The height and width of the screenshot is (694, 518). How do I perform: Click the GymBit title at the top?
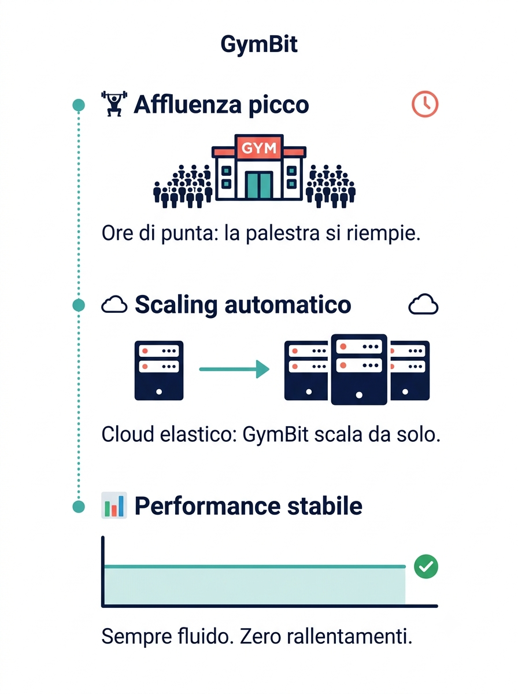(259, 45)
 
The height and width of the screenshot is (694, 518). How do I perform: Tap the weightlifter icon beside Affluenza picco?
(114, 104)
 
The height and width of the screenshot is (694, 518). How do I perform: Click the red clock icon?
(425, 104)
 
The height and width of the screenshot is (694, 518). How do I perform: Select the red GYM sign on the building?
(259, 147)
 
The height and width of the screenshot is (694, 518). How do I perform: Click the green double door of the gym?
(259, 185)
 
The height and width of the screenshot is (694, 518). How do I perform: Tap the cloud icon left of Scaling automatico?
(114, 304)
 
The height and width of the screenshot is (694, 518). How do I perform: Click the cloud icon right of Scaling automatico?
(423, 304)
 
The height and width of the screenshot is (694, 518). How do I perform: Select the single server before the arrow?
(159, 370)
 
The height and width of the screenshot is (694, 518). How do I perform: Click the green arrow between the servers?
(234, 369)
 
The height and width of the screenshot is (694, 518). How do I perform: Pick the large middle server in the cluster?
(359, 370)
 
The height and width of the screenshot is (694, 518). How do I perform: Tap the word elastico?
(198, 434)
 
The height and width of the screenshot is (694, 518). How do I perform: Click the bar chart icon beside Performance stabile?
(114, 505)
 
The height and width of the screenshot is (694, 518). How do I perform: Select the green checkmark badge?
(425, 566)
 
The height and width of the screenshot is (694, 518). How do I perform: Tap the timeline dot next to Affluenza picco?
(79, 105)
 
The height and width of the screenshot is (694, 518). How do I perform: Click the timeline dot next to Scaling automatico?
(79, 305)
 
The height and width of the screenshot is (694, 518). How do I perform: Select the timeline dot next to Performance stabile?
(79, 506)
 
